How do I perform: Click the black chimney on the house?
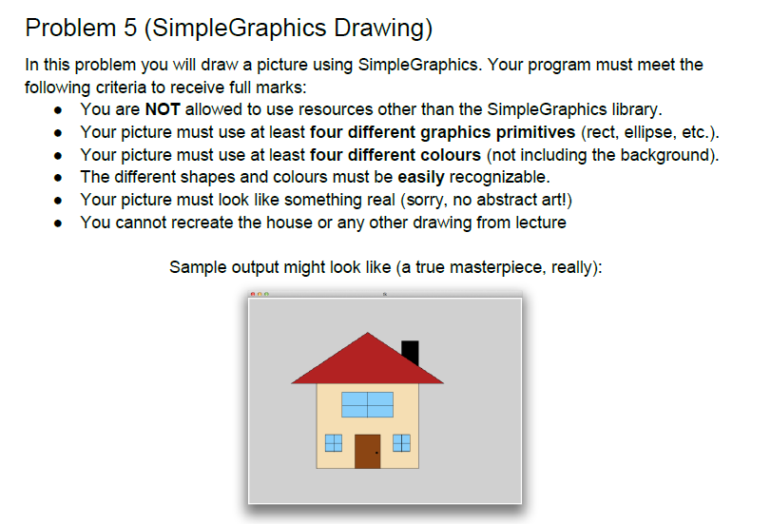410,351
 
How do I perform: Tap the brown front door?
367,451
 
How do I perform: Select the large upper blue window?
367,404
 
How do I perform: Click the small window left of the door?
334,442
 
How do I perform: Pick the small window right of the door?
401,442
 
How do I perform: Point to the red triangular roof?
366,361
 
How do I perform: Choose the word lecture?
537,223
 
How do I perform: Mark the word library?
632,108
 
